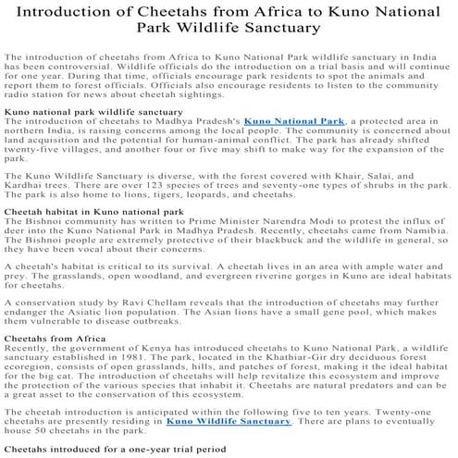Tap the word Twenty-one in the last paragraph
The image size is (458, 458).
tap(396, 411)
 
